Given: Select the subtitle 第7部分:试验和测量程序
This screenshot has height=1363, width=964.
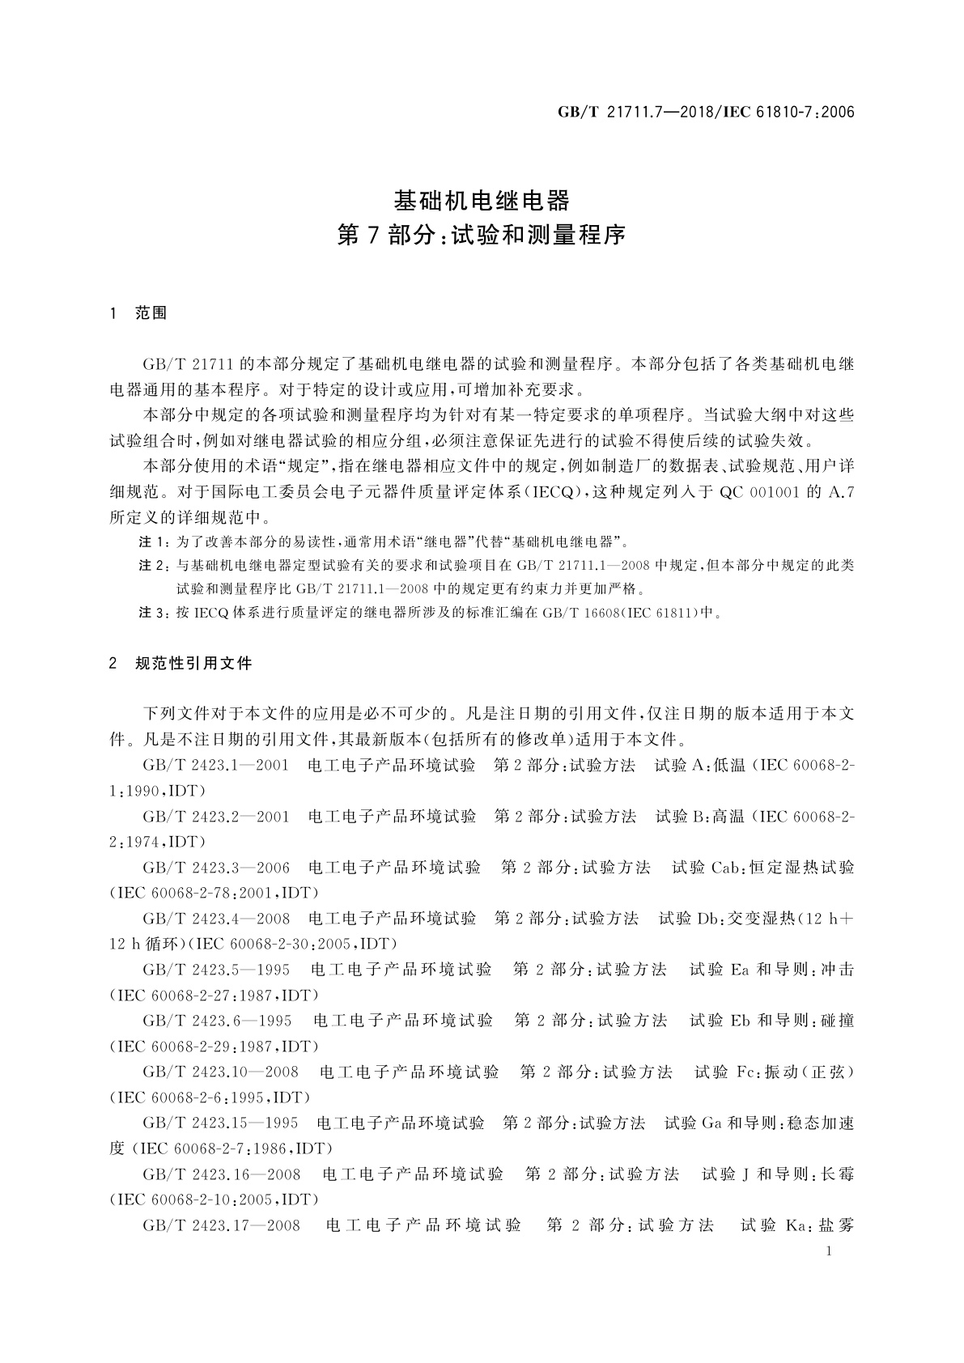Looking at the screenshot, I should (482, 236).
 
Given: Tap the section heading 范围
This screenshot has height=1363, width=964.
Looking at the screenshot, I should (151, 313).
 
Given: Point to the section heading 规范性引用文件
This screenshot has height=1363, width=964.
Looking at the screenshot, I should (194, 663).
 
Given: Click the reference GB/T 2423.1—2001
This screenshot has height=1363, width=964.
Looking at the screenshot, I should (215, 765).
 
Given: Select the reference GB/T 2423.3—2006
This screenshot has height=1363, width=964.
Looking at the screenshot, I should (216, 868).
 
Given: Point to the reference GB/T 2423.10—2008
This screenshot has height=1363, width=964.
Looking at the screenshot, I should (220, 1072).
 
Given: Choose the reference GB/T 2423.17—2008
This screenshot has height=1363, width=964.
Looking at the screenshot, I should (221, 1225).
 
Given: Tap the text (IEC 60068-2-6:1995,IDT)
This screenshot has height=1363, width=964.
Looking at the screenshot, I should (210, 1098).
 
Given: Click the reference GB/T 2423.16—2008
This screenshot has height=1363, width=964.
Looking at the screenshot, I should (221, 1174).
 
